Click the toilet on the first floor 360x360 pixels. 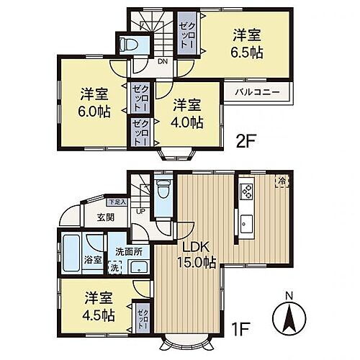click(x=163, y=192)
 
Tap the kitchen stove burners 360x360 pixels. click(x=246, y=192)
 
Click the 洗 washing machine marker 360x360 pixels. click(x=114, y=268)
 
